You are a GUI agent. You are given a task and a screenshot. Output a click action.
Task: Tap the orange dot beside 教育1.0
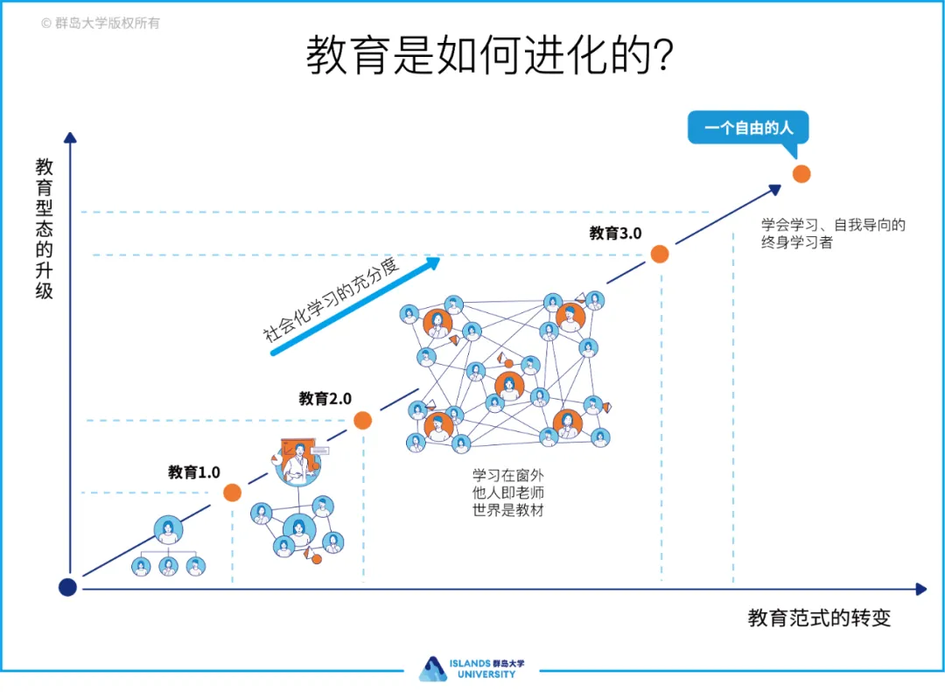click(x=232, y=493)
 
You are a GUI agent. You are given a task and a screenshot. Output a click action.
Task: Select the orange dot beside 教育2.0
click(x=363, y=420)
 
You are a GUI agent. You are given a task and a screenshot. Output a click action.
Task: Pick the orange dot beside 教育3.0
click(x=660, y=254)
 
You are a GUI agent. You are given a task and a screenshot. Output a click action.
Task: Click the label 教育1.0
click(x=193, y=472)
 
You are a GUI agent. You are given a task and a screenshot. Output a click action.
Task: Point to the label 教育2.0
click(x=325, y=399)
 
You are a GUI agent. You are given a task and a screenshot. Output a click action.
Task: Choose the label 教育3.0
click(x=615, y=233)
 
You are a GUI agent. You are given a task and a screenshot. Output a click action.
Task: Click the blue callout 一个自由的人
click(x=748, y=128)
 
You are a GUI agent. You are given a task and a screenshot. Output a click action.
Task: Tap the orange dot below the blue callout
click(x=801, y=173)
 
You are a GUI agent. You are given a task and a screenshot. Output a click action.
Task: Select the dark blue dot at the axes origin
click(x=67, y=587)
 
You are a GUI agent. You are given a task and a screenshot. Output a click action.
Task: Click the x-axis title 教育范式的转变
click(x=819, y=618)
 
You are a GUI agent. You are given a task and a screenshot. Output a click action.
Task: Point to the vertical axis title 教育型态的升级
click(x=45, y=228)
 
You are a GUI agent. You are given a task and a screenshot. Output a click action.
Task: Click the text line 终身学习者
click(x=796, y=242)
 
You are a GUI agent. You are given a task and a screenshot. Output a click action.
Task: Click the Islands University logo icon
click(x=432, y=668)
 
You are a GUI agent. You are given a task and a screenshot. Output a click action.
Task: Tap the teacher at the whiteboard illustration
click(x=297, y=462)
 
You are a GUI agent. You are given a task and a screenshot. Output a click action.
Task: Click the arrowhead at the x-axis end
click(x=920, y=589)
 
